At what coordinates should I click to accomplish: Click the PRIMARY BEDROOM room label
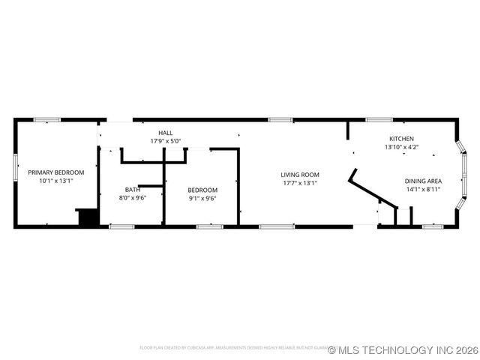coord(56,172)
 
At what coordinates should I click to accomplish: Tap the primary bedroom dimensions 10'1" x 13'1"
coord(56,180)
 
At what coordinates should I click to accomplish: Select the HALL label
coord(165,133)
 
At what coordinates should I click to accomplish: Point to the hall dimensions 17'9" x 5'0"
coord(165,141)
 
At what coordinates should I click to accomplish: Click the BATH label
coord(132,190)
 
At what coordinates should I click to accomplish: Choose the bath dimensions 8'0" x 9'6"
coord(132,198)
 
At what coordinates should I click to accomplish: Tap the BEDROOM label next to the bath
coord(202,190)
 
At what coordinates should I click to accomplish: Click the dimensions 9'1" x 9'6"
coord(202,198)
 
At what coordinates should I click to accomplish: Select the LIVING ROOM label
coord(300,175)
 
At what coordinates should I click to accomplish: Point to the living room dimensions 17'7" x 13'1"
coord(300,183)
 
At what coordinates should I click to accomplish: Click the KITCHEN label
coord(401,139)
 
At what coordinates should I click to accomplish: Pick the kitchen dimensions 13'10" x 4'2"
coord(401,147)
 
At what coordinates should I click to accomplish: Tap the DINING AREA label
coord(423,181)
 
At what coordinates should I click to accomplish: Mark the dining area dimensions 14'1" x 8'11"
coord(423,189)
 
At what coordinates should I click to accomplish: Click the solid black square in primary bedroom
coord(88,217)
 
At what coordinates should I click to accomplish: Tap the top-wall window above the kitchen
coord(379,119)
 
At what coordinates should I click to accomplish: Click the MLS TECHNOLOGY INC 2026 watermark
coord(403,349)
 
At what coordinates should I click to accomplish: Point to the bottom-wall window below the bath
coord(121,226)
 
